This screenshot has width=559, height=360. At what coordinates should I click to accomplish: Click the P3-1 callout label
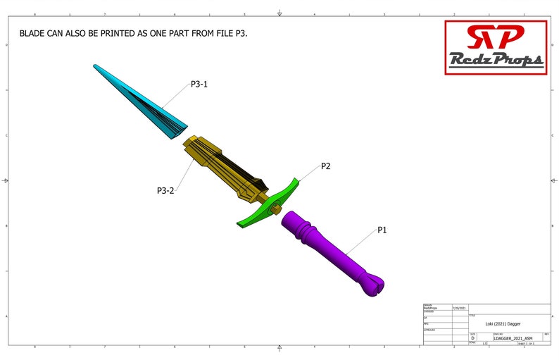(199, 84)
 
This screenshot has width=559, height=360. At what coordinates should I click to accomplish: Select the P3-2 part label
(165, 190)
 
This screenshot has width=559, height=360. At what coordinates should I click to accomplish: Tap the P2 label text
(326, 166)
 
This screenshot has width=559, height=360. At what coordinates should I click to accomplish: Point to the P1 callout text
(383, 230)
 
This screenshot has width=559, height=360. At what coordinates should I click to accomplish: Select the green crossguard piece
(268, 205)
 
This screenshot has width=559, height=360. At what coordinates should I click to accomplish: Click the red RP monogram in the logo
(496, 37)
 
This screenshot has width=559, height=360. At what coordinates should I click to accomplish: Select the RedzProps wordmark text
(496, 61)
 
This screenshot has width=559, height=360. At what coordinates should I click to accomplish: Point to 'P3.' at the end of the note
(241, 33)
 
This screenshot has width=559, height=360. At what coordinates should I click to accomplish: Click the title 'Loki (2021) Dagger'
(503, 323)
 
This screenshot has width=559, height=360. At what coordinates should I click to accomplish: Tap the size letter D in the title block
(473, 339)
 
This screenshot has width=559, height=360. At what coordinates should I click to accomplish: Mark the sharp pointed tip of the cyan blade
(94, 66)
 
